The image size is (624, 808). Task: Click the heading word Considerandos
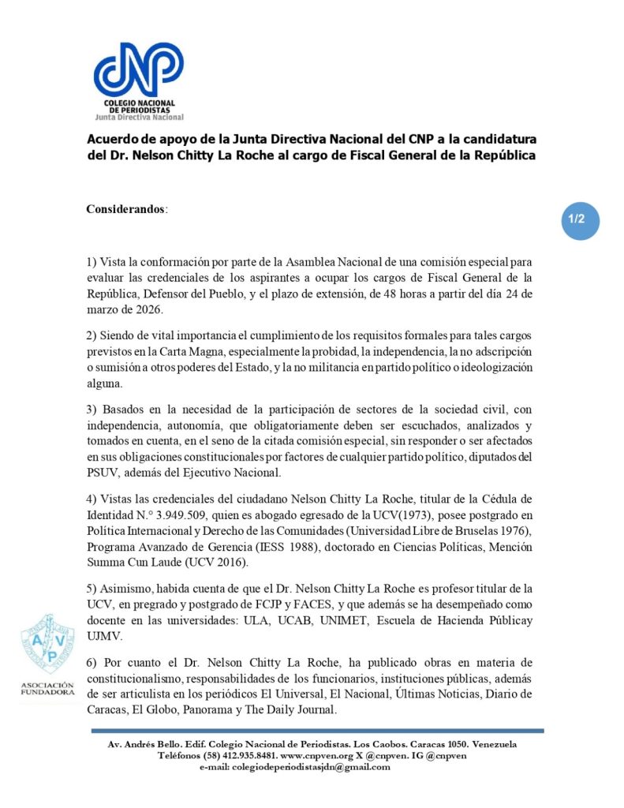coord(125,209)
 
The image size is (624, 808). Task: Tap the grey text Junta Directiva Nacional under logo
coord(139,116)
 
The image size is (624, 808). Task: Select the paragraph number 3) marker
coord(92,410)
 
